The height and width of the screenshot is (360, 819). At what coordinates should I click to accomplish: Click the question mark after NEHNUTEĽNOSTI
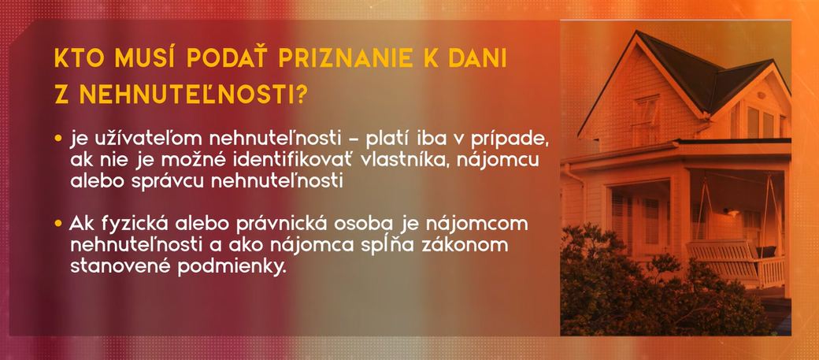coord(300,95)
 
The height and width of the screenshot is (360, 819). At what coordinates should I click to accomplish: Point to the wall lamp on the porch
coord(733,212)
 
